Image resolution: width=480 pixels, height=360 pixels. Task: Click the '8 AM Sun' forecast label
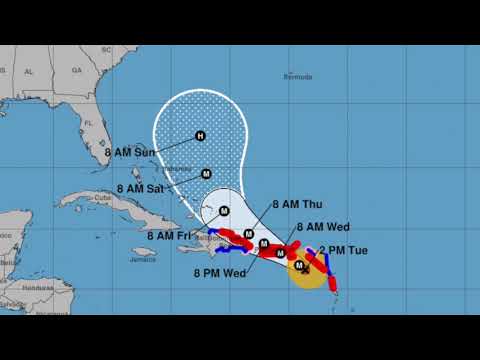point(142,154)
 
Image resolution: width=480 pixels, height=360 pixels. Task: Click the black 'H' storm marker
point(200,136)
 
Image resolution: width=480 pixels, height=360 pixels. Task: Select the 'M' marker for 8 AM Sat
point(206,173)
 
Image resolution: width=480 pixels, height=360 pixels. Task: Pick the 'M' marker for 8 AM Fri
point(224,210)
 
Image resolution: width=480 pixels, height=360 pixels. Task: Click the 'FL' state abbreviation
point(88,124)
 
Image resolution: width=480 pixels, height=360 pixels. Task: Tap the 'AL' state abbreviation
point(29,71)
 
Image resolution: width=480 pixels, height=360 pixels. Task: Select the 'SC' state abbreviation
point(105,50)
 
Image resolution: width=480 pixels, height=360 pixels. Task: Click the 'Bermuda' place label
point(298,77)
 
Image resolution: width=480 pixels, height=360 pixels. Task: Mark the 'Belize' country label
point(8,260)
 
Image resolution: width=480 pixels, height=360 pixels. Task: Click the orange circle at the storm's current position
point(307,269)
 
